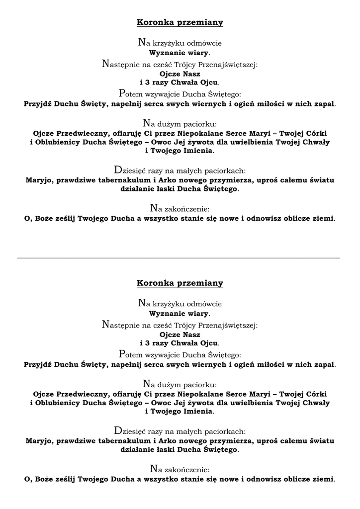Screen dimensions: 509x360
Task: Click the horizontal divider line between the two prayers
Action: (179, 258)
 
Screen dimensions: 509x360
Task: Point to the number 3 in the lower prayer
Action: (146, 343)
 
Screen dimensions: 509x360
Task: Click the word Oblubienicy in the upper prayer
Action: (57, 142)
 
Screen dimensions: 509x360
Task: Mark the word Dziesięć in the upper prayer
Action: (132, 169)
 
